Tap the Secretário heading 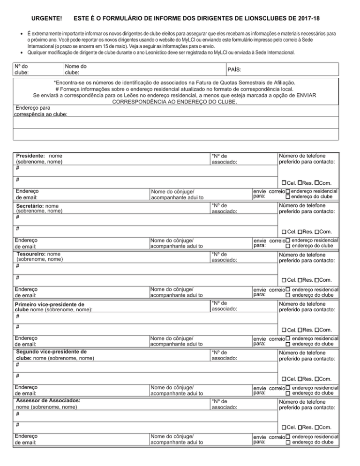point(31,205)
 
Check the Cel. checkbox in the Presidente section point(284,182)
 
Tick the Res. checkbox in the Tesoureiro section point(300,280)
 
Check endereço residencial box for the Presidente point(287,191)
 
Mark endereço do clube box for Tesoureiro point(288,295)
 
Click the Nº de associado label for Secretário point(224,208)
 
